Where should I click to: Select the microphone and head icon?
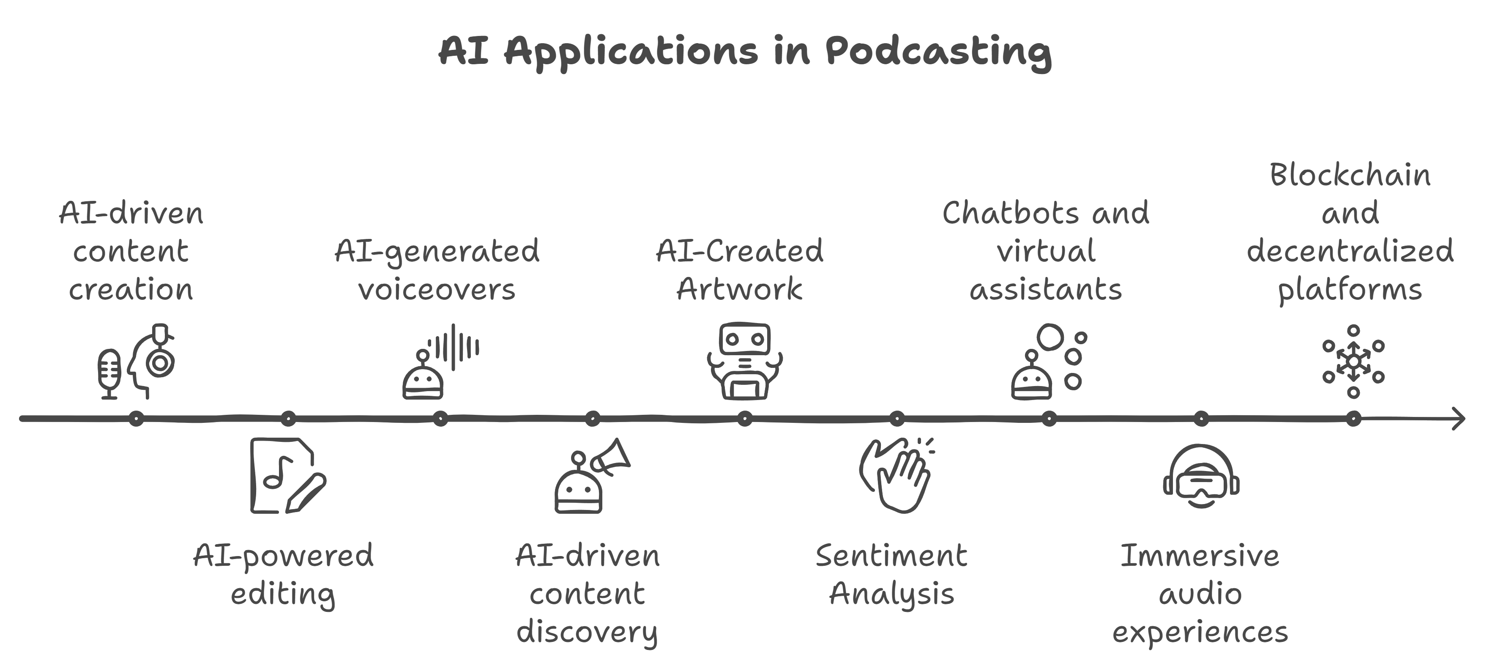pyautogui.click(x=136, y=362)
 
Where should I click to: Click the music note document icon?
pyautogui.click(x=288, y=475)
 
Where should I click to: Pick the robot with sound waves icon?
pyautogui.click(x=440, y=362)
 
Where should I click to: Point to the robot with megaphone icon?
pyautogui.click(x=592, y=475)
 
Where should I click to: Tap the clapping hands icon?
pyautogui.click(x=897, y=475)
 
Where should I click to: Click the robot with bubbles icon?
pyautogui.click(x=1049, y=362)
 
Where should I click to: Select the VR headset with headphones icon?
pyautogui.click(x=1201, y=475)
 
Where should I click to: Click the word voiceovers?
pyautogui.click(x=437, y=289)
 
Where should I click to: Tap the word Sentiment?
pyautogui.click(x=891, y=556)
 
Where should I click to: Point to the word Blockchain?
pyautogui.click(x=1350, y=175)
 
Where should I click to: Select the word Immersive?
pyautogui.click(x=1200, y=556)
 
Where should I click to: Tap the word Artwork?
pyautogui.click(x=739, y=289)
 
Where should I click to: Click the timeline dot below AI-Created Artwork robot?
pyautogui.click(x=745, y=419)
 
